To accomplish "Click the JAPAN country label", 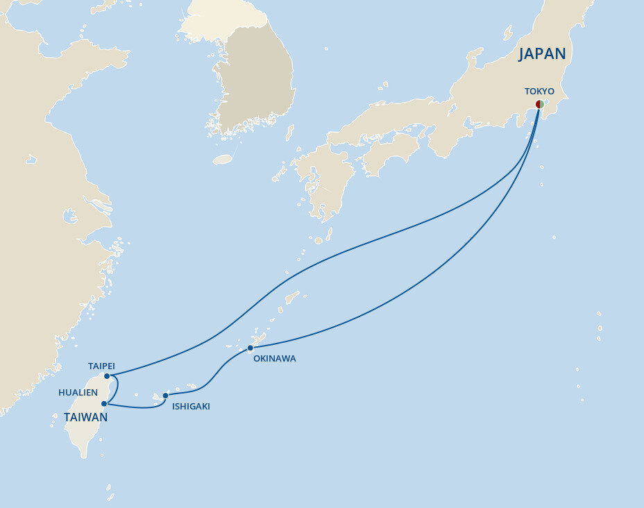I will (542, 54).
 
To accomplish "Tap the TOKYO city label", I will (539, 91).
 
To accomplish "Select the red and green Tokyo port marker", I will (539, 104).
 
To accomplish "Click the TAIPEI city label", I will (101, 365).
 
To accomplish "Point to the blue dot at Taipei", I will (107, 376).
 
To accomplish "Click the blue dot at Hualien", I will (104, 403).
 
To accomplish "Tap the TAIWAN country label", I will (85, 417).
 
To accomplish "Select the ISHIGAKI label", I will (191, 407).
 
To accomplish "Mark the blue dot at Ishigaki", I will (165, 396).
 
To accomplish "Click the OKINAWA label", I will (275, 359).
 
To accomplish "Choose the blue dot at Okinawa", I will (251, 348).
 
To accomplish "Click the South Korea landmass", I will (260, 76).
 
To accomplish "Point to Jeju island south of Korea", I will (222, 160).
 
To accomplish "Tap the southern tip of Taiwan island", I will (84, 455).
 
